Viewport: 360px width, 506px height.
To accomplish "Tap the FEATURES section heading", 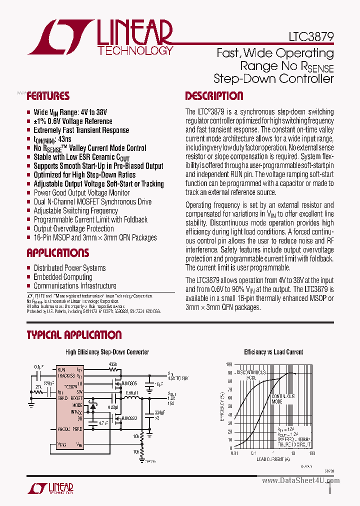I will pos(48,96).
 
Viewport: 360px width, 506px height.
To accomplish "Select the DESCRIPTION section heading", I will pos(214,96).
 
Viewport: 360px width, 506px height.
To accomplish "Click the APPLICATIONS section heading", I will pos(58,252).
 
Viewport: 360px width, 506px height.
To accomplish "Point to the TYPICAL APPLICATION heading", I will pos(74,334).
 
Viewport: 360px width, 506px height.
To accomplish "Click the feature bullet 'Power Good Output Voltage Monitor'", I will pos(81,192).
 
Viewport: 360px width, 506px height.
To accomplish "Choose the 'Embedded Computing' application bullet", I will pos(63,277).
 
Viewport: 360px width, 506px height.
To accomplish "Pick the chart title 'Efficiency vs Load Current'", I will pos(273,352).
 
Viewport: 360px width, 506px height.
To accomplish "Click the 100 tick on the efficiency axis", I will pos(229,364).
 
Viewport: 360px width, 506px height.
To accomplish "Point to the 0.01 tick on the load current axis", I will pos(234,453).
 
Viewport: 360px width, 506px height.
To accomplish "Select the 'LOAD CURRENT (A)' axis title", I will pos(273,459).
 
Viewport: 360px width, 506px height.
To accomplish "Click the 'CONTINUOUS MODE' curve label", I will pos(282,398).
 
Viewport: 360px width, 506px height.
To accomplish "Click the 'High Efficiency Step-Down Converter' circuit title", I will pos(107,352).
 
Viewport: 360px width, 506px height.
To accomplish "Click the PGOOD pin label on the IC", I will pos(63,428).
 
